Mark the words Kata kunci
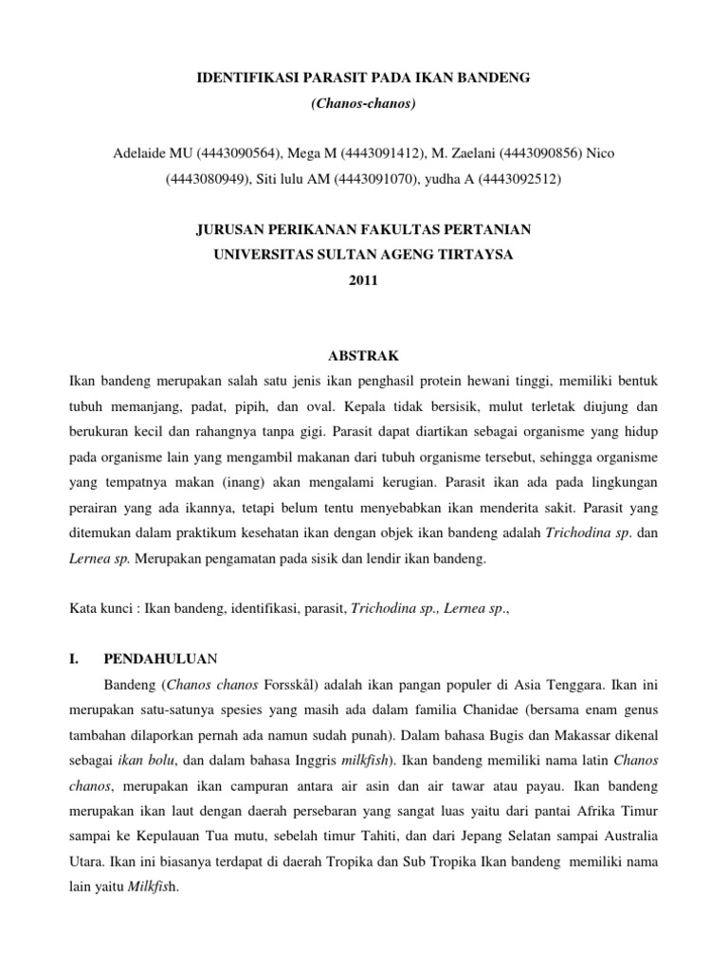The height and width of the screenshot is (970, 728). [x=100, y=611]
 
